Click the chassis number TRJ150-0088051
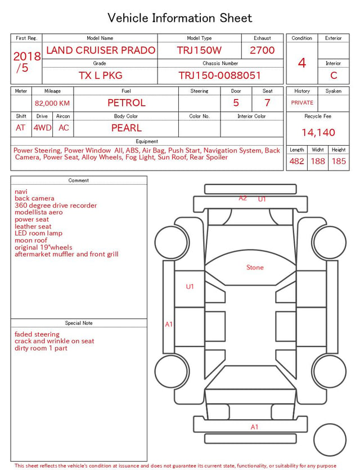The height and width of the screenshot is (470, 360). tap(220, 75)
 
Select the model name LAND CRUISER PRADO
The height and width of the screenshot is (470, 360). tap(101, 50)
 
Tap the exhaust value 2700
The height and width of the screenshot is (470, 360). tap(262, 50)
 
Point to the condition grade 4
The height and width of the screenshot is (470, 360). tap(302, 63)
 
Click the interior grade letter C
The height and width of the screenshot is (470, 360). tap(334, 75)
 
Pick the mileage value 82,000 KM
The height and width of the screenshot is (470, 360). tap(52, 104)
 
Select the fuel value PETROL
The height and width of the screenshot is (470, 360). tap(127, 103)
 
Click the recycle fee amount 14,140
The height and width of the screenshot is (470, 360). tap(318, 132)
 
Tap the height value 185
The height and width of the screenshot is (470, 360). tap(339, 161)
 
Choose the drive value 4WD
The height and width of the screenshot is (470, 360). tap(42, 128)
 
